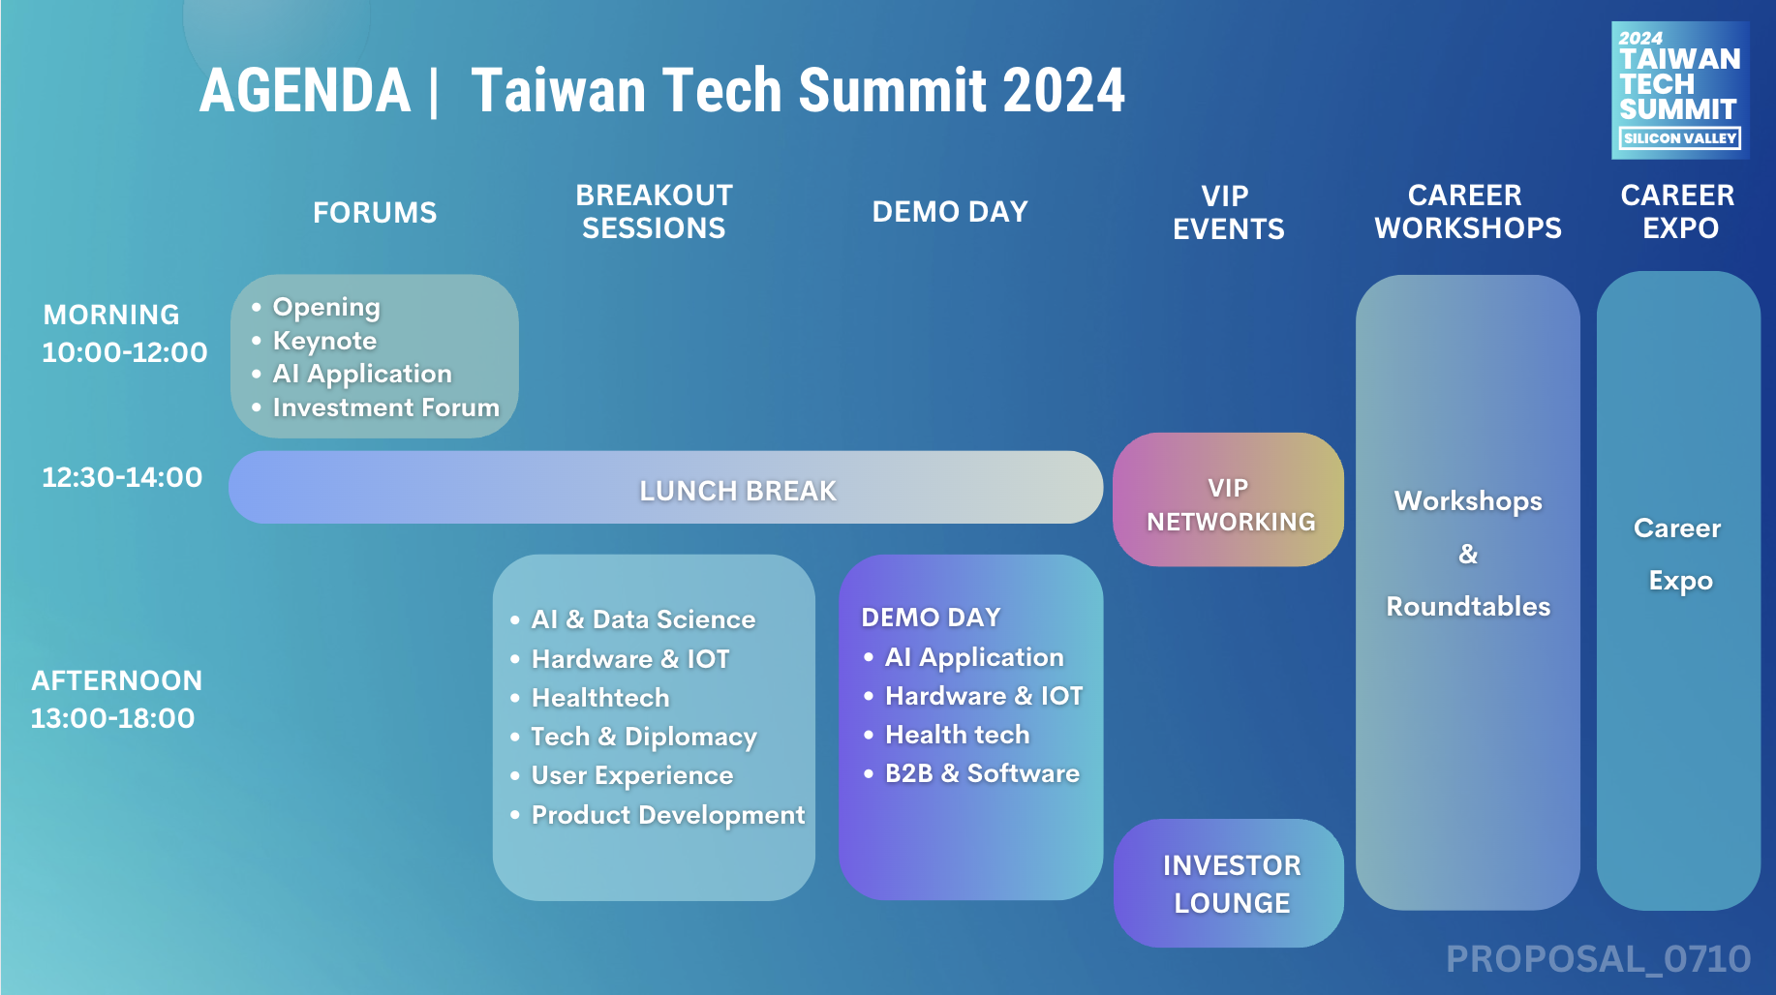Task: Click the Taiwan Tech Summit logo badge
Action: (x=1680, y=90)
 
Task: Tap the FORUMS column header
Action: (x=375, y=213)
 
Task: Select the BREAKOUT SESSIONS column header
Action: (x=654, y=212)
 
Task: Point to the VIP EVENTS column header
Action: (x=1228, y=213)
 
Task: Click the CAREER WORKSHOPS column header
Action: (x=1468, y=212)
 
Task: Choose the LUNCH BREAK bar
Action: (x=666, y=488)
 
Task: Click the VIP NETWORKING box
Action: (x=1229, y=499)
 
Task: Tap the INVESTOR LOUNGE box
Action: (x=1229, y=884)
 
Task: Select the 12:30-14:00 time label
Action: (x=122, y=477)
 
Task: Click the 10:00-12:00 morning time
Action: (x=125, y=352)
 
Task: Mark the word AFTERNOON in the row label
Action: (x=117, y=680)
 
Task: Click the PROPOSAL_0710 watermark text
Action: (x=1599, y=959)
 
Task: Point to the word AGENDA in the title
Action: (x=305, y=91)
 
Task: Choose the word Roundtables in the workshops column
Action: (x=1468, y=607)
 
